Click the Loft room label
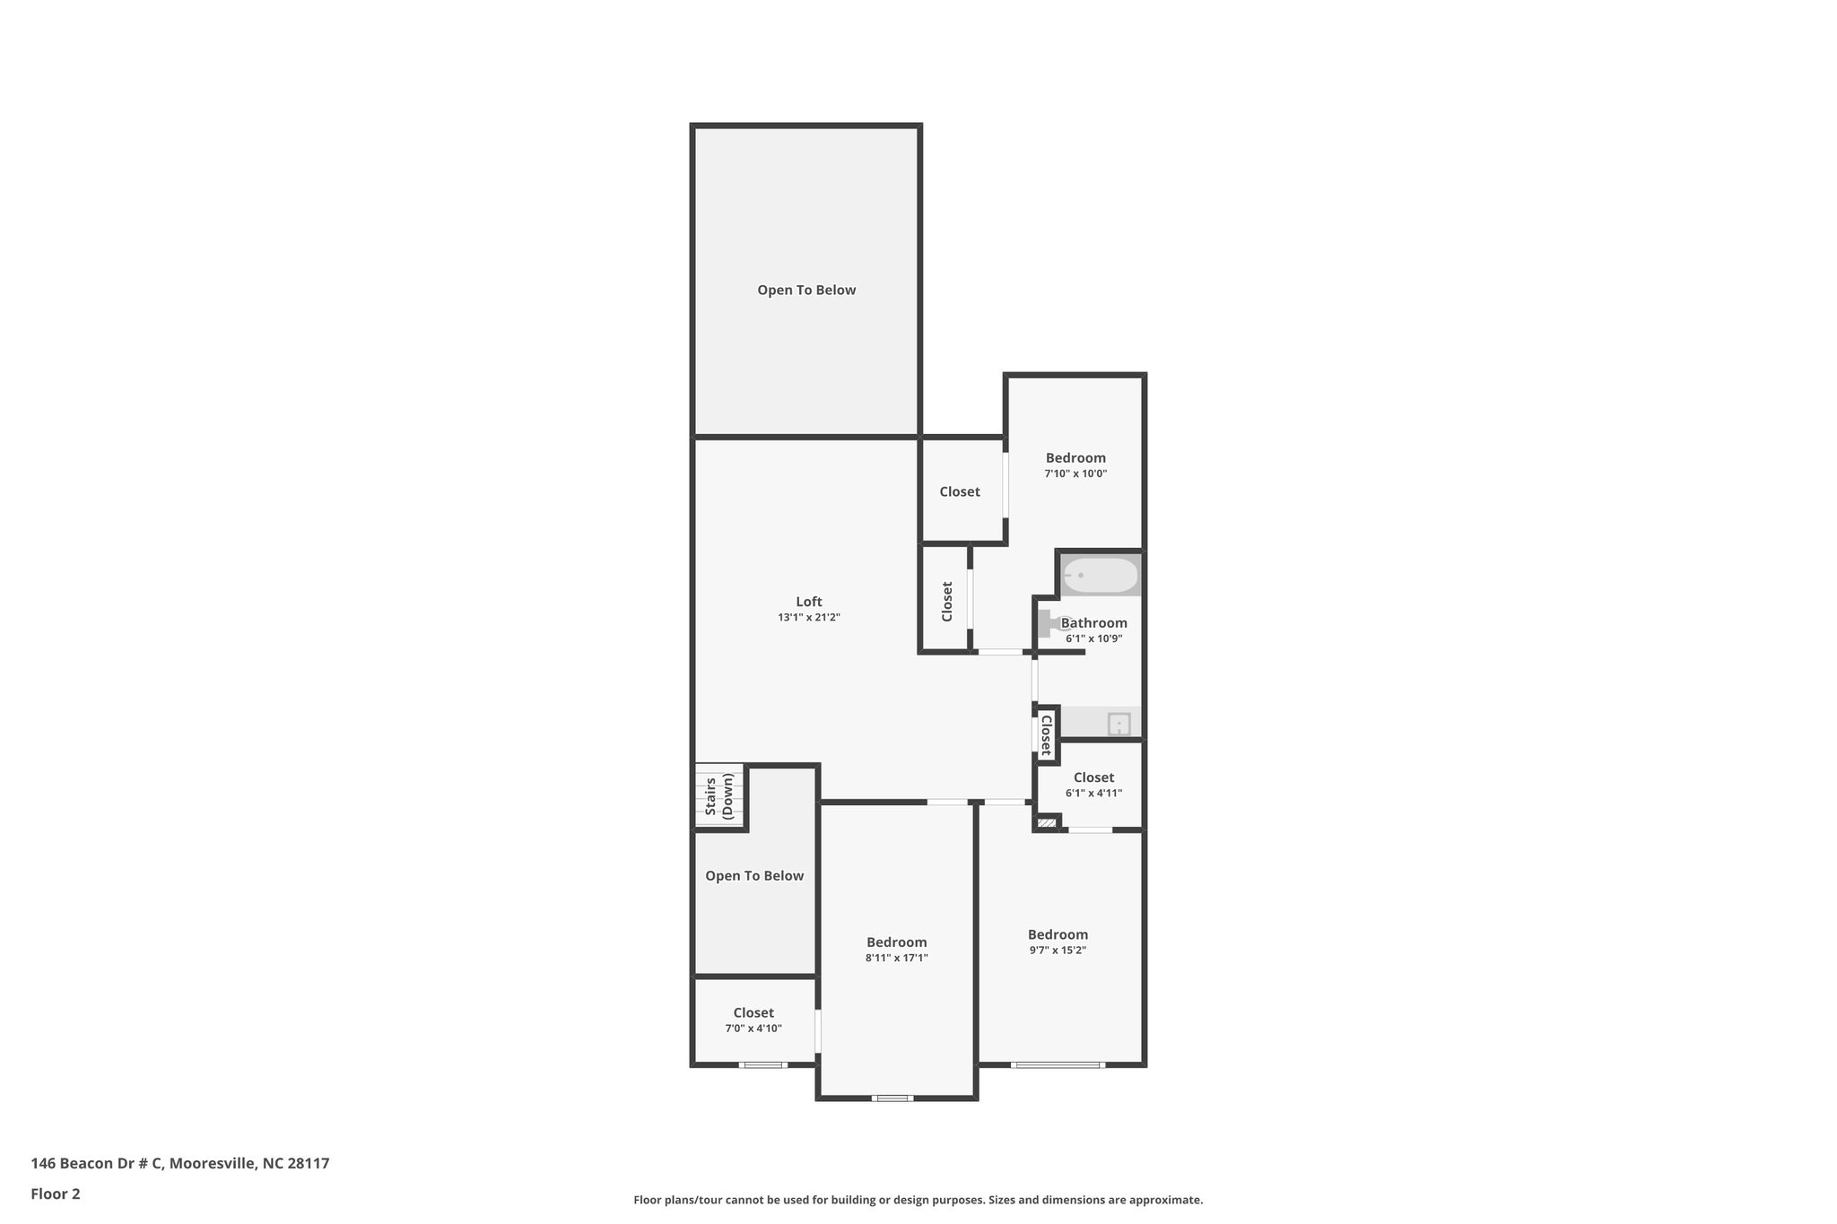click(x=808, y=602)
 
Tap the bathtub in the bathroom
click(x=1100, y=575)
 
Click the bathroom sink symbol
click(x=1119, y=724)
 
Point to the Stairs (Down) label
click(x=719, y=796)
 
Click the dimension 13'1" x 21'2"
click(x=808, y=618)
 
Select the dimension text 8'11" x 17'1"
click(x=896, y=958)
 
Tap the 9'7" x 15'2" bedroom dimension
click(x=1058, y=951)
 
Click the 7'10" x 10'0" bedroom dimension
click(x=1075, y=473)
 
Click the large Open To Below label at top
click(x=806, y=290)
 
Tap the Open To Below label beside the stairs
click(x=754, y=876)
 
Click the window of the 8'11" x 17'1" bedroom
click(x=893, y=1098)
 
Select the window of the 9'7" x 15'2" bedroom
click(x=1058, y=1065)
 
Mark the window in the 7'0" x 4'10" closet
click(x=763, y=1065)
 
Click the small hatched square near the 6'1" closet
click(x=1046, y=823)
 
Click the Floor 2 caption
click(x=56, y=1194)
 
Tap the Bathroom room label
click(x=1093, y=623)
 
